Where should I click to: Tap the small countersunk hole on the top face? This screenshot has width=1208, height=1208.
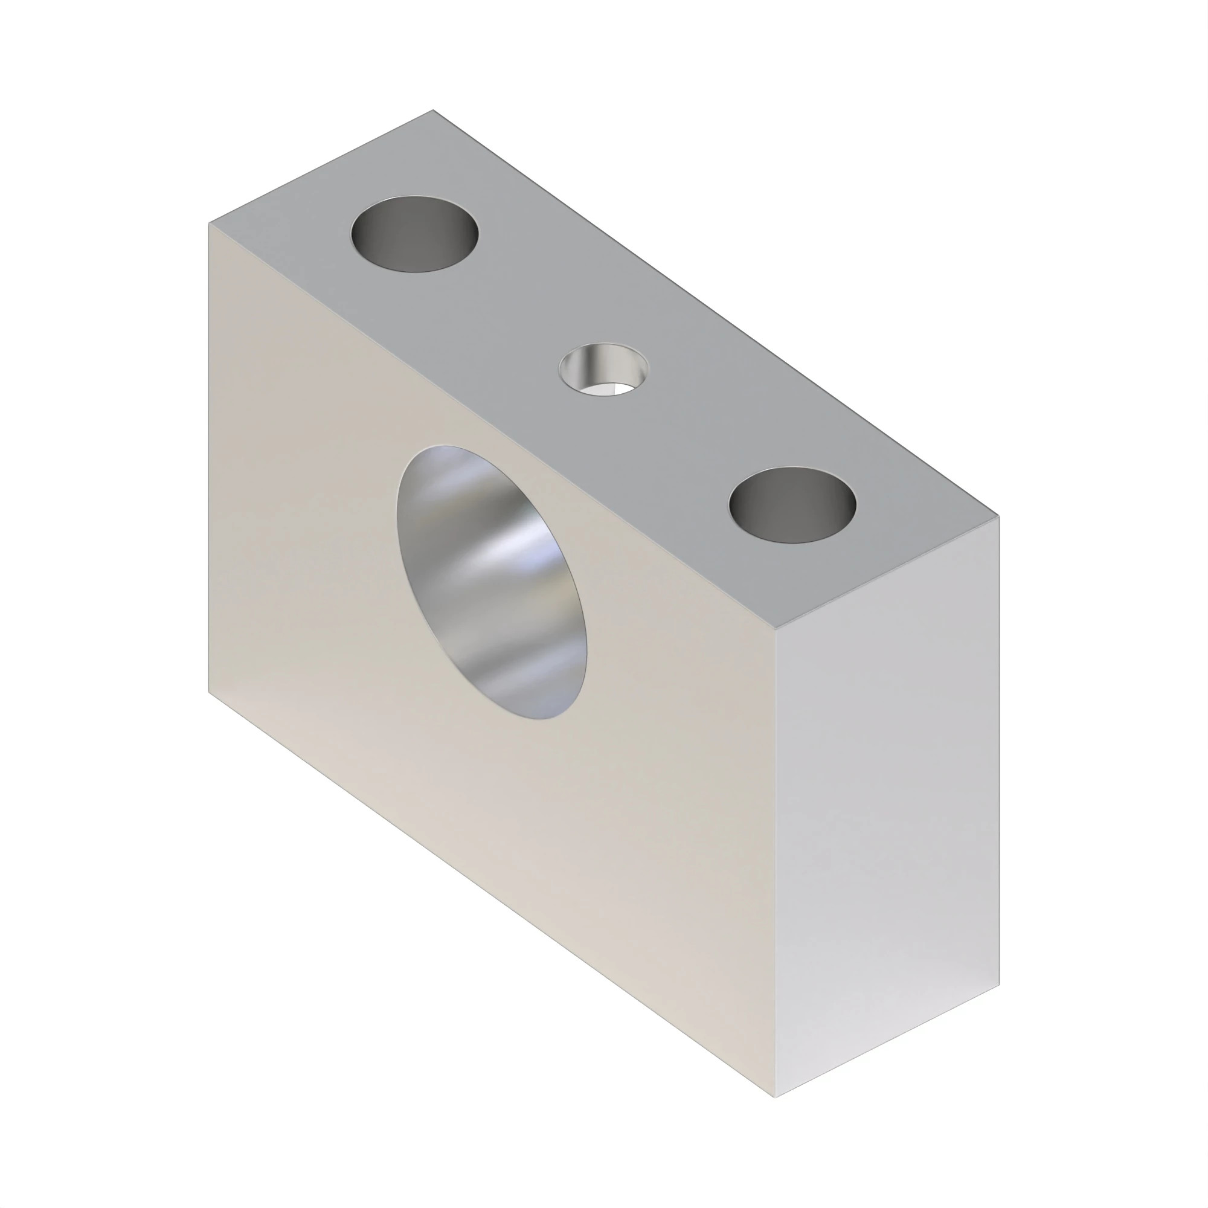603,370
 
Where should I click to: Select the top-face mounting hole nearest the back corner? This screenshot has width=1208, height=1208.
414,234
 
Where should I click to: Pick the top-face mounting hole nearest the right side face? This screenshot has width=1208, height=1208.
792,504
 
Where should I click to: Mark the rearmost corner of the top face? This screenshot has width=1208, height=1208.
432,110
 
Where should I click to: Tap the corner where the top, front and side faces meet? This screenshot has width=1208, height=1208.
775,628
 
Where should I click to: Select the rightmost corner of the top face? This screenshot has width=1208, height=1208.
999,516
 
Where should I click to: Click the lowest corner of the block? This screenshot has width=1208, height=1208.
776,1097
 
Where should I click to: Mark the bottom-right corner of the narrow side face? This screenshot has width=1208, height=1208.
999,986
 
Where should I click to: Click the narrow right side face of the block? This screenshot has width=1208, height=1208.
888,806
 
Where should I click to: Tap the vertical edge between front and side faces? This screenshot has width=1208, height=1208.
775,863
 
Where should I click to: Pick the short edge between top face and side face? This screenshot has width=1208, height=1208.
887,572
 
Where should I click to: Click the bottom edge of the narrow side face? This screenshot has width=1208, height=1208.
887,1042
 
